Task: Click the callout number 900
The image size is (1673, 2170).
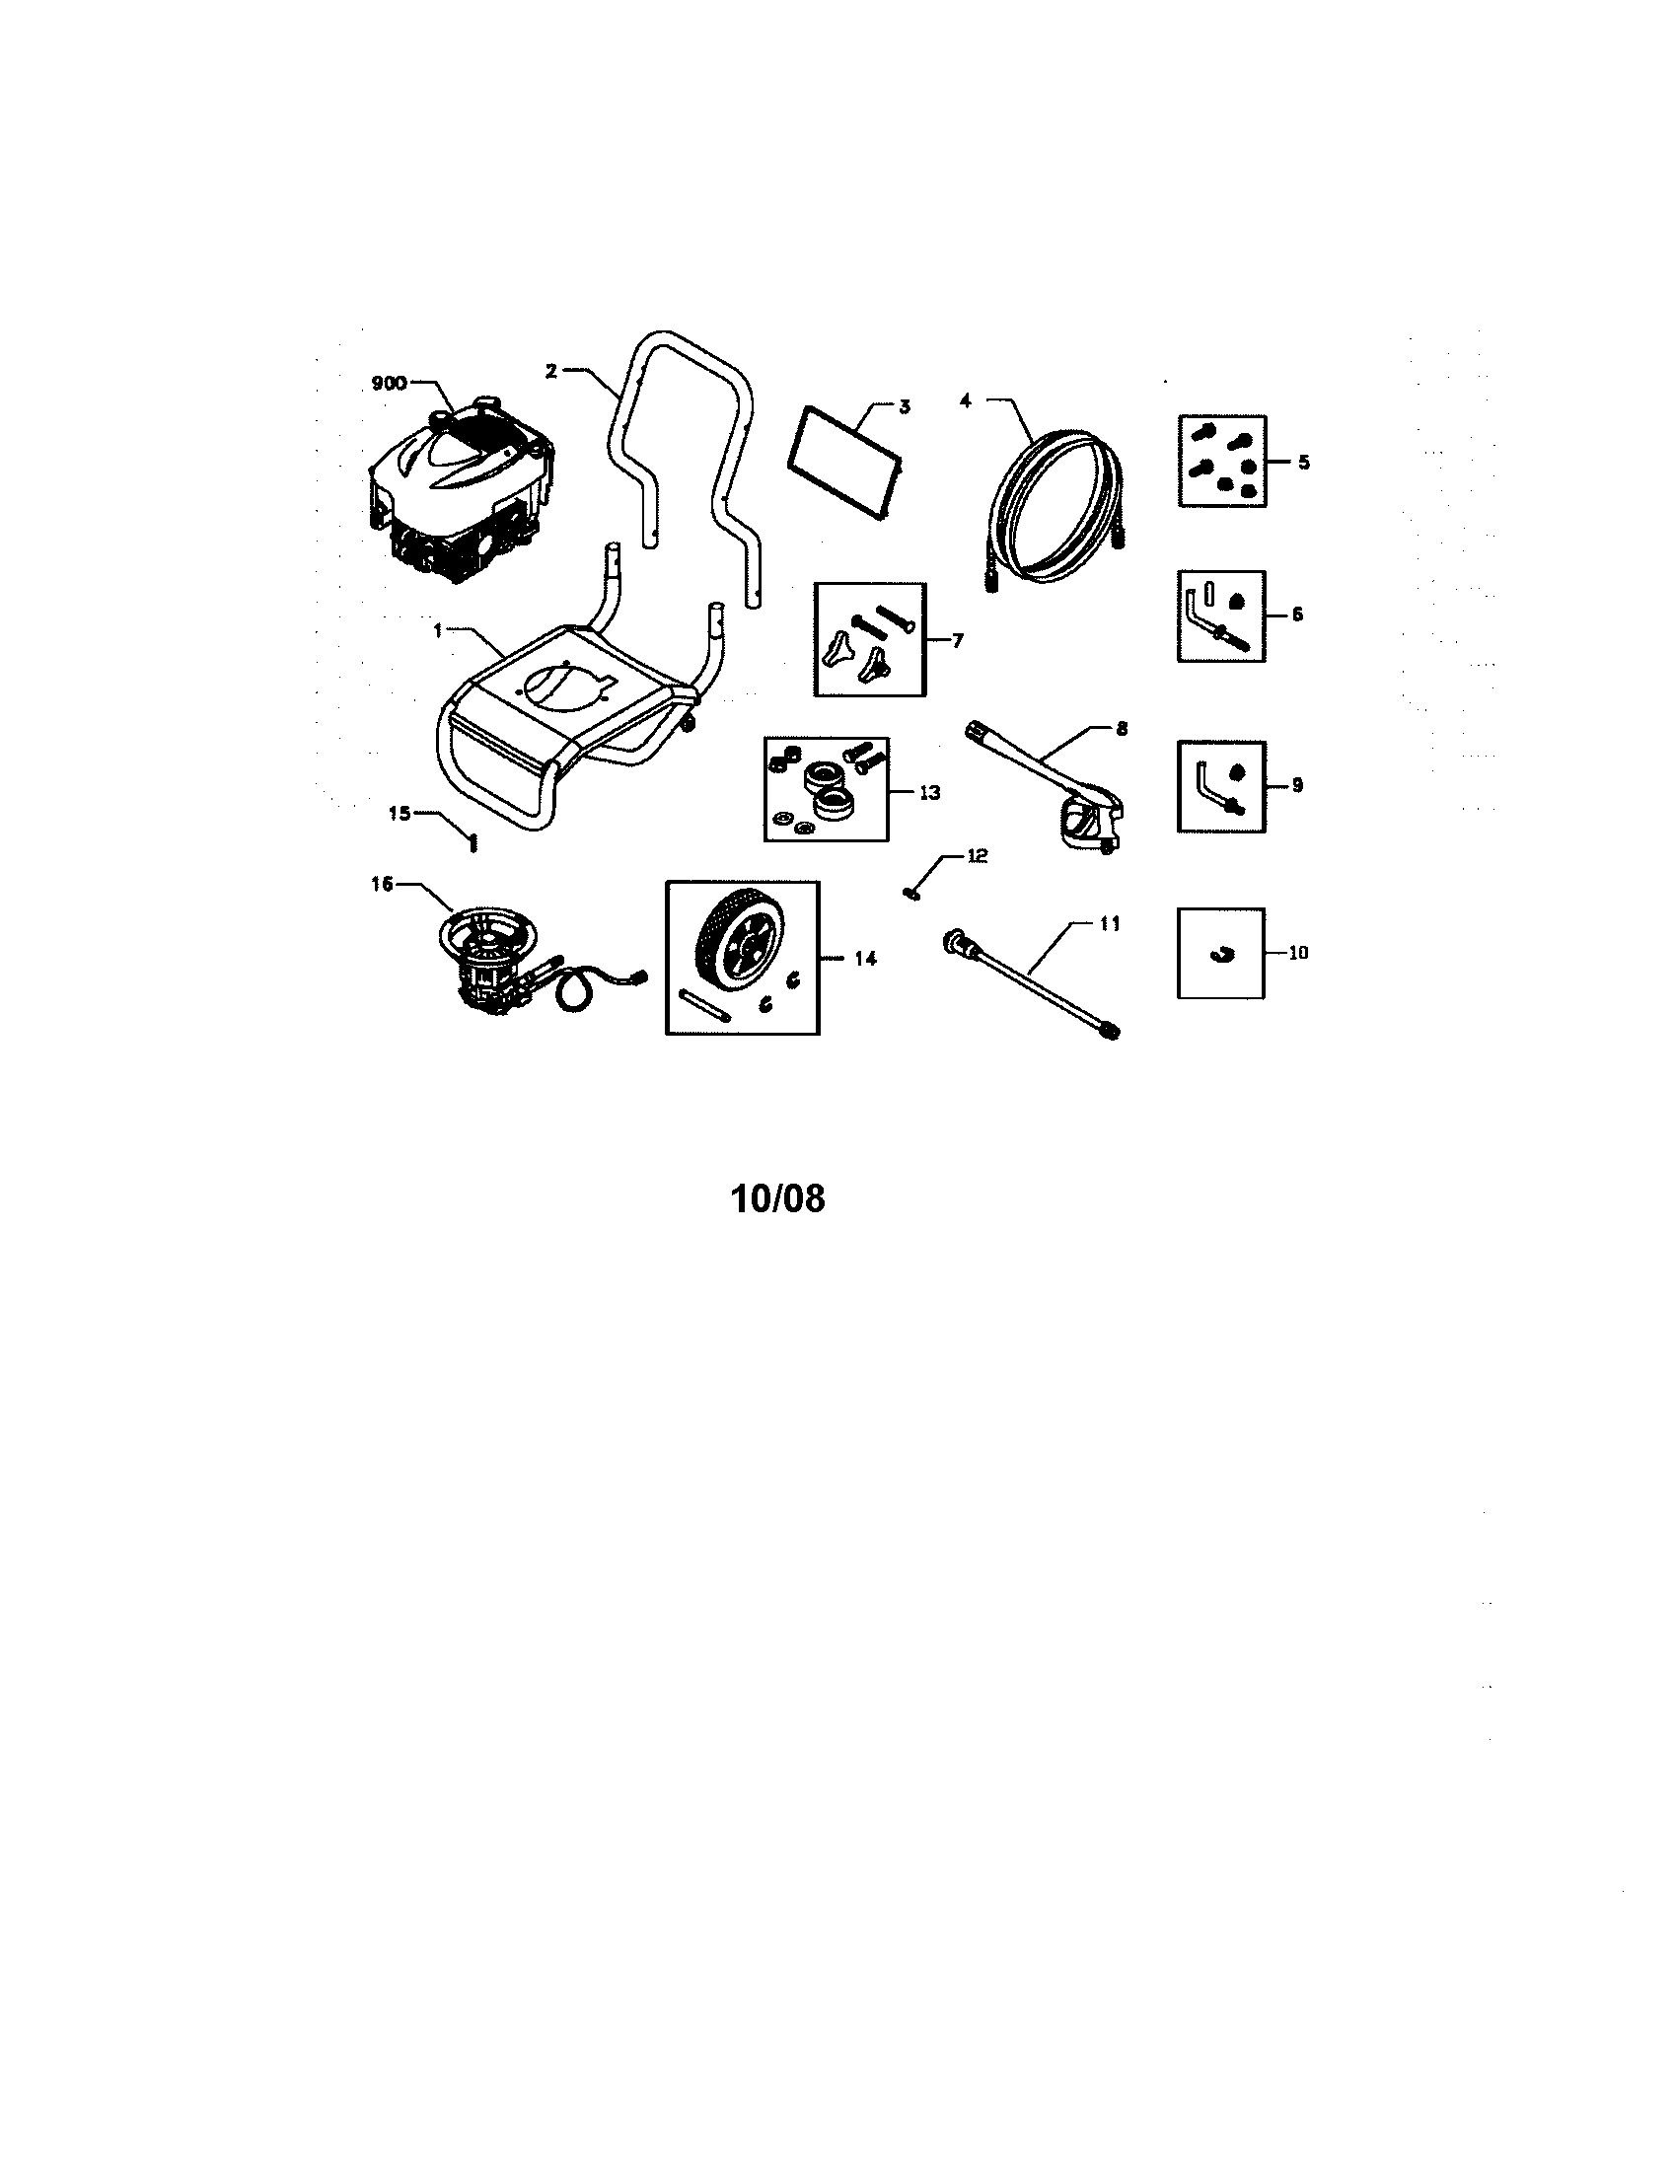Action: coord(390,384)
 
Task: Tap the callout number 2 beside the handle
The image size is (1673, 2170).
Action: coord(550,371)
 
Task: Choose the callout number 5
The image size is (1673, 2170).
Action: coord(1304,462)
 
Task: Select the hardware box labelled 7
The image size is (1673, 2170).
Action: coord(869,640)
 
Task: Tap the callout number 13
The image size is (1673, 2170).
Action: coord(929,793)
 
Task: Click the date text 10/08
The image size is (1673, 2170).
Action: coord(778,1197)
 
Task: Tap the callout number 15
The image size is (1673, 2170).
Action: coord(400,813)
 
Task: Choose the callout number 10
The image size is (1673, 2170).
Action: coord(1298,952)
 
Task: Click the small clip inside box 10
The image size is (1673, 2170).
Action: coord(1220,955)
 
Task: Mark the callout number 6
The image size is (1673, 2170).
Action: coord(1297,615)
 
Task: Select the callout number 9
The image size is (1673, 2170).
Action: coord(1297,785)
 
